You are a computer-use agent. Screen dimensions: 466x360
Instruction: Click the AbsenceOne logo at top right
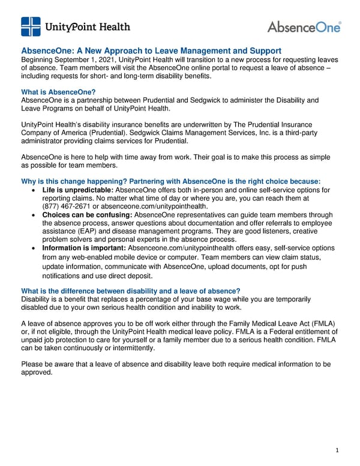[x=304, y=27]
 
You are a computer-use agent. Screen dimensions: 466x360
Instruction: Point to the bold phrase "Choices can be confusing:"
[x=88, y=214]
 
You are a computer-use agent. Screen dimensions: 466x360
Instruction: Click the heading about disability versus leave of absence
[x=130, y=291]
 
